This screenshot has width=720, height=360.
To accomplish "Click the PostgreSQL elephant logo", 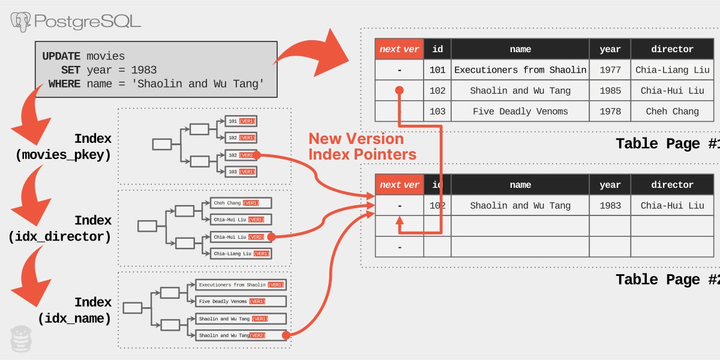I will (x=21, y=22).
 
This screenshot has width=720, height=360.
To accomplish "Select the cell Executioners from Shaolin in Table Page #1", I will (x=520, y=70).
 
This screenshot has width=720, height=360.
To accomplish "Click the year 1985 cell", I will (x=610, y=91).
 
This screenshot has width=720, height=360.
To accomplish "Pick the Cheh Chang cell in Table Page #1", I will (x=672, y=111).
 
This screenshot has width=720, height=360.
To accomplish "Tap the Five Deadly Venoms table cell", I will (x=520, y=111).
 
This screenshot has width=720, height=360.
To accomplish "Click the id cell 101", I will (x=437, y=70).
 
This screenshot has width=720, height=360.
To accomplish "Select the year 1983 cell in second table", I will (x=610, y=205).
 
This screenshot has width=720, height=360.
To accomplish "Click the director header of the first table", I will (x=672, y=49).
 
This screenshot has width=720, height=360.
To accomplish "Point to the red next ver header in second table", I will (x=399, y=185).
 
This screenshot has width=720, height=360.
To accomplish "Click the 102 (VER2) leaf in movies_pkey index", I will (x=241, y=155).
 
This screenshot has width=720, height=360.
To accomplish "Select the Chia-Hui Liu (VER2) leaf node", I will (x=240, y=237).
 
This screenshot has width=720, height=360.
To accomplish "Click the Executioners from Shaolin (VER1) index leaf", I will (x=241, y=285).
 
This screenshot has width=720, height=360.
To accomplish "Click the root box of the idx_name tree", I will (x=133, y=308).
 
